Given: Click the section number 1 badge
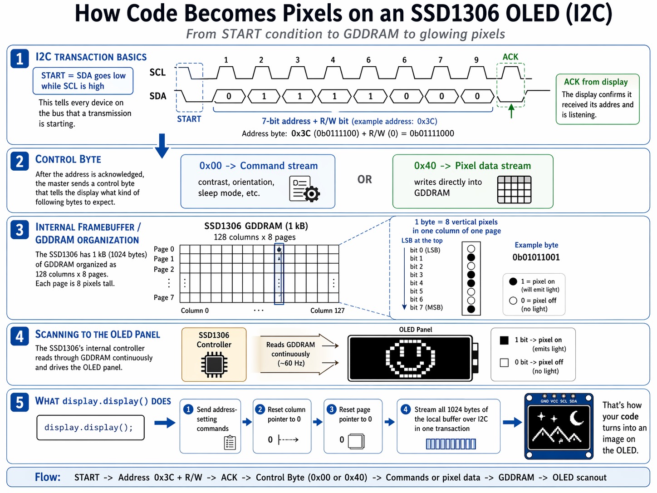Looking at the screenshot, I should click(20, 59).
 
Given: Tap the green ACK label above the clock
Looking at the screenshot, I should click(510, 57).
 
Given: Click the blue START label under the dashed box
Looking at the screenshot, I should click(189, 119).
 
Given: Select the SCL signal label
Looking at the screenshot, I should click(157, 72).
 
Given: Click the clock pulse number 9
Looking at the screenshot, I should click(476, 60).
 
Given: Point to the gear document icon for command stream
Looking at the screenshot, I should click(304, 188).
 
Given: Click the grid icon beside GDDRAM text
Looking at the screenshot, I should click(514, 189).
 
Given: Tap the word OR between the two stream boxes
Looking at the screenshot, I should click(364, 180).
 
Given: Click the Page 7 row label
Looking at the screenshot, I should click(163, 297).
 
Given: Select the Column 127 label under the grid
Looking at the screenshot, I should click(327, 311).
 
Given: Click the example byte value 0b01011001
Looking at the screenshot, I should click(536, 257).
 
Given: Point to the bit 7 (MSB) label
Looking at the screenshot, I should click(426, 307).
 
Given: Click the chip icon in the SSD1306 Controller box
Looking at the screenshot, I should click(214, 365).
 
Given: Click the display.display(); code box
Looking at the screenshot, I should click(90, 428).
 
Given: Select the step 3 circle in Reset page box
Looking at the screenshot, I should click(332, 409).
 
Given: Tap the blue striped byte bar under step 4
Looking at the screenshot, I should click(451, 444).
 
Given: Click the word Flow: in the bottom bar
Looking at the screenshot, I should click(48, 477).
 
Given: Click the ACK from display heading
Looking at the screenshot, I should click(595, 82).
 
